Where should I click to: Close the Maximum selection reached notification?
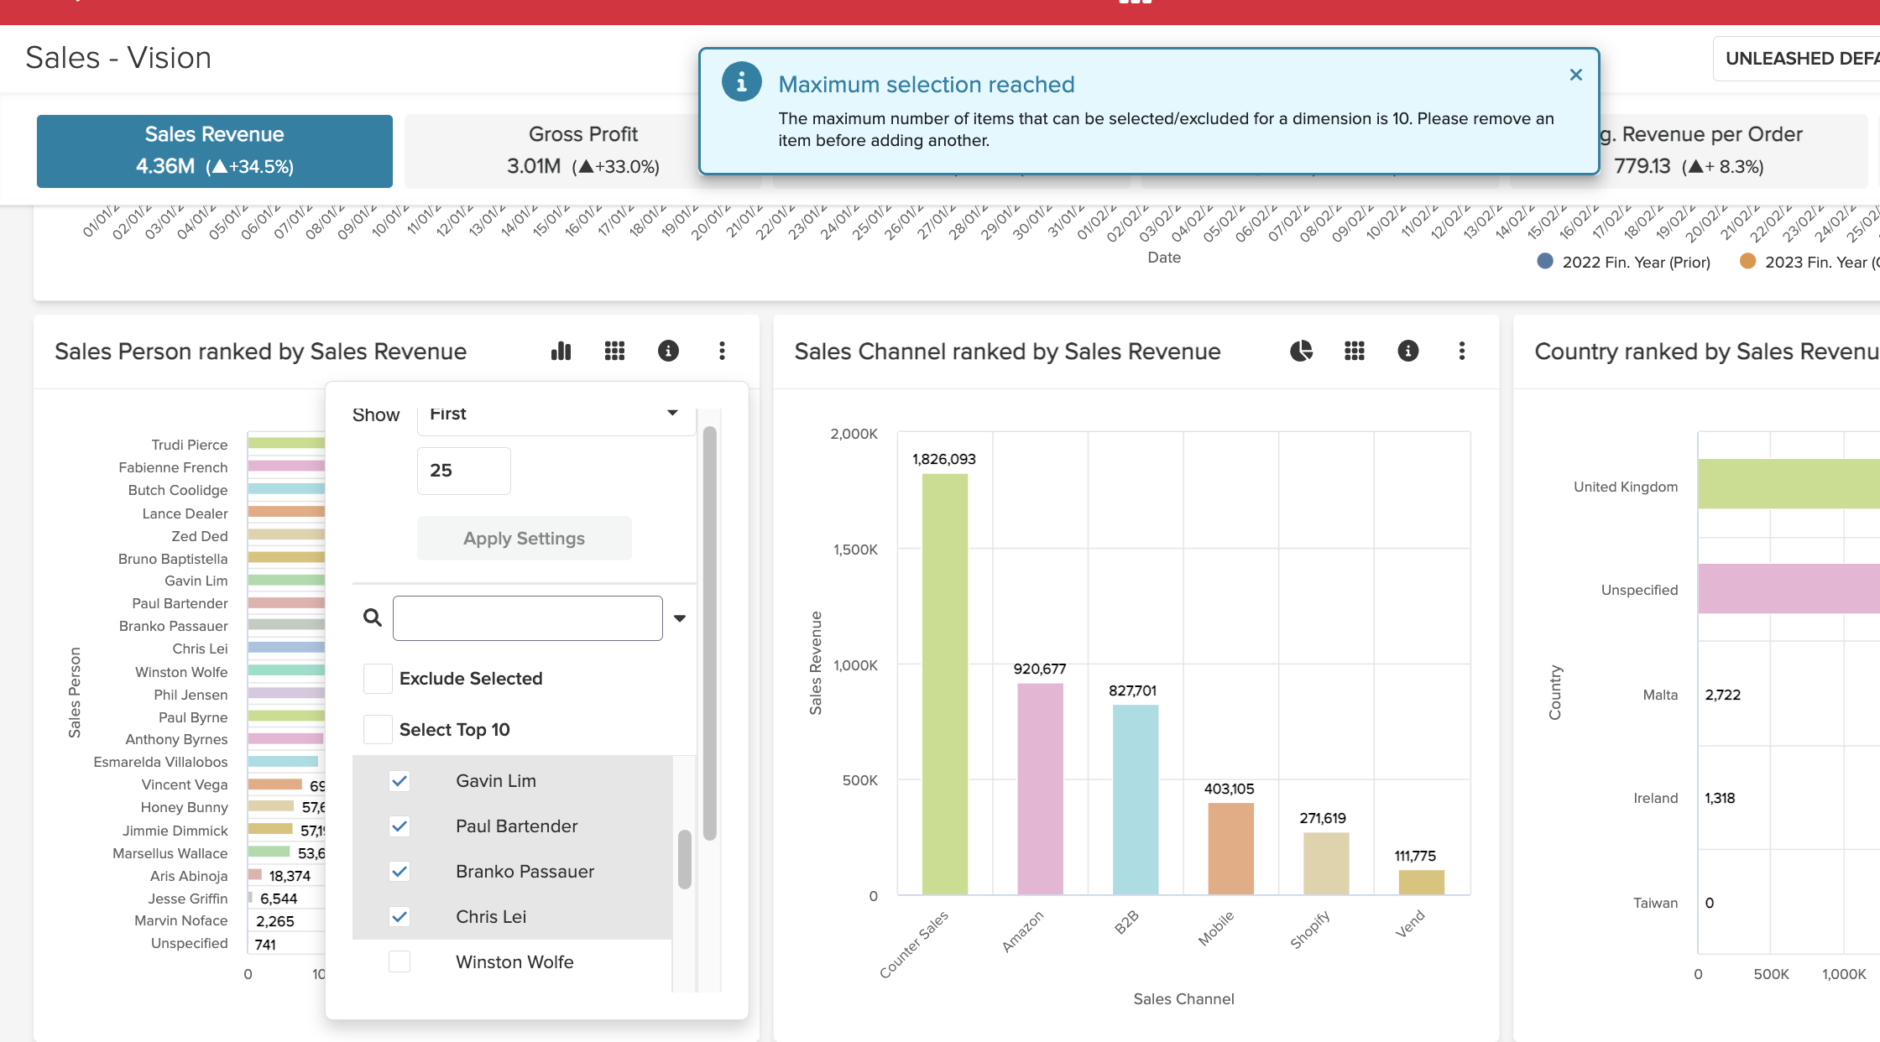click(1575, 75)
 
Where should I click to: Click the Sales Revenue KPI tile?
click(214, 151)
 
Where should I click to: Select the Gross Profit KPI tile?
click(582, 151)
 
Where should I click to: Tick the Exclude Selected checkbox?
click(378, 679)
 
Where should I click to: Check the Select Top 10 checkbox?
click(378, 730)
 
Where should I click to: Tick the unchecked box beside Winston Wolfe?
click(399, 961)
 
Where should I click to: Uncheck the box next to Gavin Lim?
click(399, 781)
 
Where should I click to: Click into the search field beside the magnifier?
click(527, 618)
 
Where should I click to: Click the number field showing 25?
click(463, 471)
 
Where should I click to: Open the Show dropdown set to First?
click(556, 414)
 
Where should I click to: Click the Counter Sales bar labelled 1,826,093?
click(944, 684)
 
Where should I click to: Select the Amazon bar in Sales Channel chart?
click(1040, 789)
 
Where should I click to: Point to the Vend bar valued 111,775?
click(1421, 882)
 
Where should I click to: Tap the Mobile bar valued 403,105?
click(1230, 848)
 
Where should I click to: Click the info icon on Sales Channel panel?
click(1407, 351)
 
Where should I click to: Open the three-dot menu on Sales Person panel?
click(722, 351)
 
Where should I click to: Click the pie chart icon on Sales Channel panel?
click(1301, 351)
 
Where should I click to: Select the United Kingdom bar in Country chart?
click(1788, 484)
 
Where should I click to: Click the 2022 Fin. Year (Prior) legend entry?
click(1623, 263)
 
